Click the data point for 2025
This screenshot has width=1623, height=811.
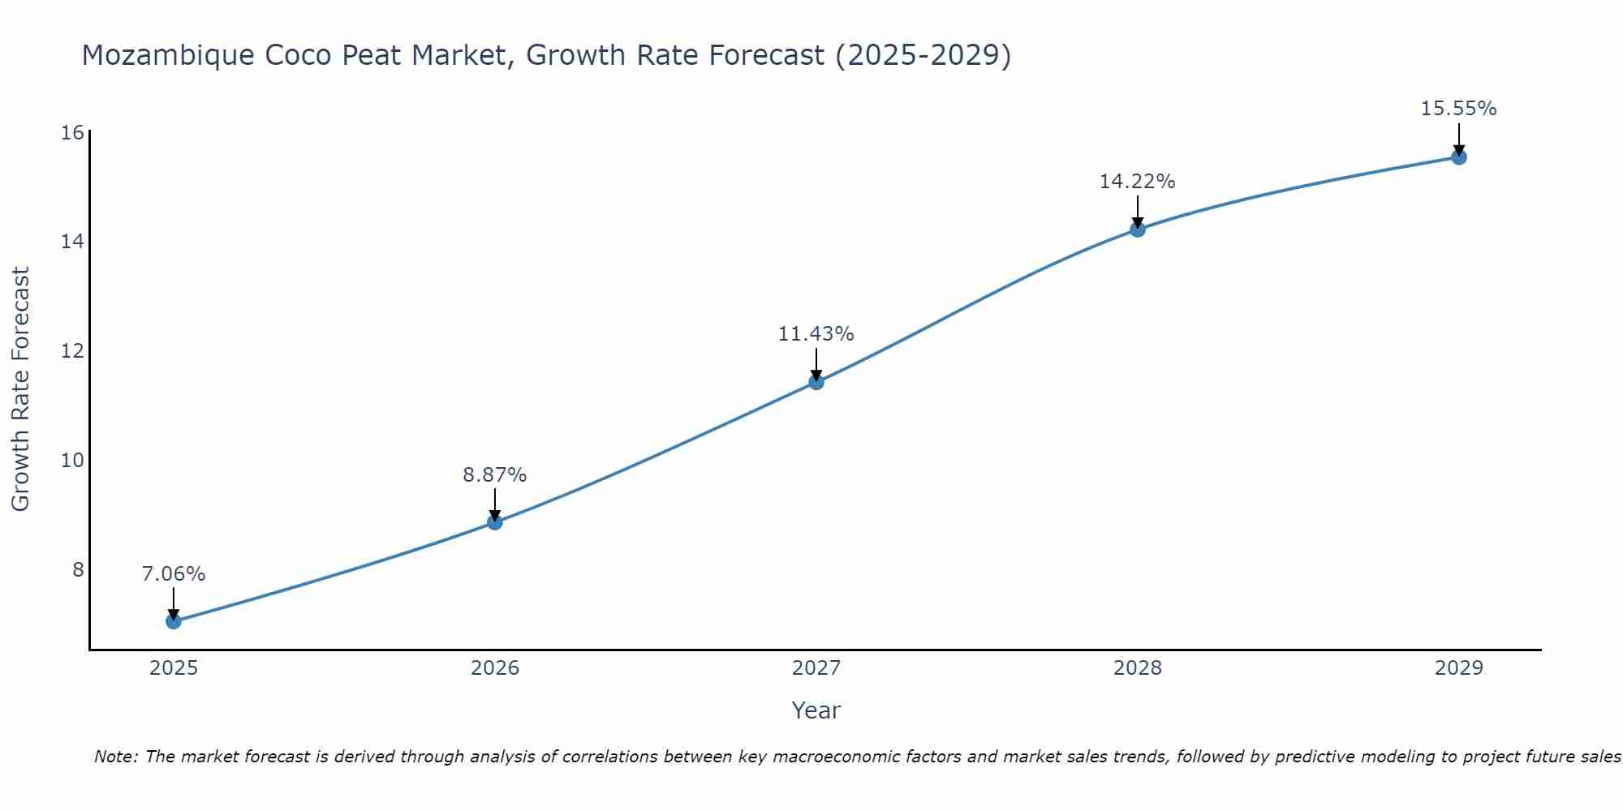[174, 621]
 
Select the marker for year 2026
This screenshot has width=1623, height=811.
[495, 522]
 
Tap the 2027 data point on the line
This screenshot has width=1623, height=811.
[816, 382]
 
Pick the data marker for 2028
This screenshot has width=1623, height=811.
[1138, 230]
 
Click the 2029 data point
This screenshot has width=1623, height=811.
[1458, 157]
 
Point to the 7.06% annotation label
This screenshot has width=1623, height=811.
[174, 574]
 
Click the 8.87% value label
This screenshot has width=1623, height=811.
[495, 475]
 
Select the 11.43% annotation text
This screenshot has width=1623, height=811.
[816, 334]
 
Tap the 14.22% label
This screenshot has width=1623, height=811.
[1138, 182]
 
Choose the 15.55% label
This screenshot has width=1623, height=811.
[1458, 109]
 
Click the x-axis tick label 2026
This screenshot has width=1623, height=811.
[495, 668]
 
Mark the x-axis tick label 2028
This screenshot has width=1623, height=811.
[1138, 668]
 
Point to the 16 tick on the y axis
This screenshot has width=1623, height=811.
[72, 132]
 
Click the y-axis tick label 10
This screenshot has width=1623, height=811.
[72, 461]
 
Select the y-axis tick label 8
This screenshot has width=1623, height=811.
[78, 570]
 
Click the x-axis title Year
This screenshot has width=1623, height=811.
[816, 710]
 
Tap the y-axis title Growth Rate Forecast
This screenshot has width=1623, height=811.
[20, 389]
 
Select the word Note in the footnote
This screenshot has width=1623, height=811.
[116, 757]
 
